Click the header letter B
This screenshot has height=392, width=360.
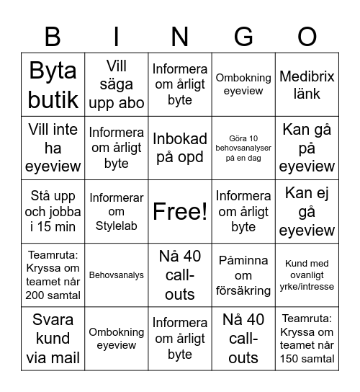coord(53,35)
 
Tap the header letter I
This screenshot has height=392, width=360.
coord(117,35)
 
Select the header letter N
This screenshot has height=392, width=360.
coord(180,35)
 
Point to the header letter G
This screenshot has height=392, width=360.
coord(243,35)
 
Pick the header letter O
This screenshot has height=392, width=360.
coord(307,35)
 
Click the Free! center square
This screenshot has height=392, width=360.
coord(180,211)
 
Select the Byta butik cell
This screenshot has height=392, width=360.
coord(53,84)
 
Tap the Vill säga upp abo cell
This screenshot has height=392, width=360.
coord(117,84)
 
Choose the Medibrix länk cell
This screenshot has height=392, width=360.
coord(307,84)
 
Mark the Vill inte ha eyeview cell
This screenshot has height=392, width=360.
coord(53,148)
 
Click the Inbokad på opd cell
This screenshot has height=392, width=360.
coord(180,148)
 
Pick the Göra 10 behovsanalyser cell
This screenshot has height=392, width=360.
coord(243,148)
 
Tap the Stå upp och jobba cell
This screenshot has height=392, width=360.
coord(53,211)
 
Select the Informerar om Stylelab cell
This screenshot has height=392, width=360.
coord(117,211)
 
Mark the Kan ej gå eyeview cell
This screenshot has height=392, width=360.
coord(307,211)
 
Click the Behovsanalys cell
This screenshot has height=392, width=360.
coord(117,275)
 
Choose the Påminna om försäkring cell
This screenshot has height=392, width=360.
coord(243,275)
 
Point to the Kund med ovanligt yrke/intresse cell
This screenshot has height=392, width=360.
coord(307,275)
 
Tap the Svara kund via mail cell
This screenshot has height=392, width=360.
coord(53,338)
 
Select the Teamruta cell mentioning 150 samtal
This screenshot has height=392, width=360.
coord(307,338)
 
